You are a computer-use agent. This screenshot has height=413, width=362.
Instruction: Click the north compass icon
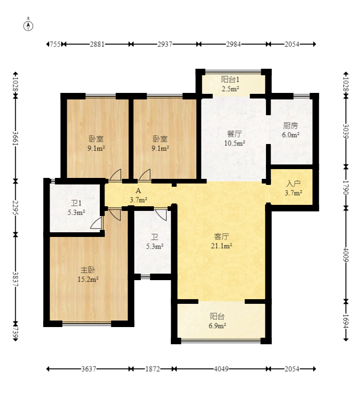point(28,26)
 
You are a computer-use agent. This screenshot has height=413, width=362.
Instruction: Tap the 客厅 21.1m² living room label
point(221,241)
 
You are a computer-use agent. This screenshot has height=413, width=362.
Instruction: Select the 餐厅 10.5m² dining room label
point(234,138)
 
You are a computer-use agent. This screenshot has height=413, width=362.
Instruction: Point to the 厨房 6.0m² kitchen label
point(291,130)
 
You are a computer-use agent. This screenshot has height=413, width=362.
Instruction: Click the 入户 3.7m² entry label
point(293,188)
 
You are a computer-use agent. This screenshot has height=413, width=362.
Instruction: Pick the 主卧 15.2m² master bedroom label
point(88,275)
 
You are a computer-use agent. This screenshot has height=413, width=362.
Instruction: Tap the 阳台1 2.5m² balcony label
point(230,84)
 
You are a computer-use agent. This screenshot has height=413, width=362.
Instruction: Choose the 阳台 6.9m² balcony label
point(217,321)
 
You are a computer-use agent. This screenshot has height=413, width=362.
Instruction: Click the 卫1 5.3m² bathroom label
point(76,208)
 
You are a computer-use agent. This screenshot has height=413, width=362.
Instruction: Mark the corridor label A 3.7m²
point(138,195)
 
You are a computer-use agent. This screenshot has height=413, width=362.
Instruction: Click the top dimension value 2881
point(97,44)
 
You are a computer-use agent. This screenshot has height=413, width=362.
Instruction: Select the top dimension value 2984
point(233,44)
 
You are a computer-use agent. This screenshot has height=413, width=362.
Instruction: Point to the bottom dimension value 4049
point(221,369)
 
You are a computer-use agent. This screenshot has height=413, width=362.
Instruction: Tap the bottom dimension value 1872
point(153,369)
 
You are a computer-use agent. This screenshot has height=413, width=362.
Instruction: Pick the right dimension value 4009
point(346,255)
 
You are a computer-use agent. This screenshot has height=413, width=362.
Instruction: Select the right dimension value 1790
point(346,188)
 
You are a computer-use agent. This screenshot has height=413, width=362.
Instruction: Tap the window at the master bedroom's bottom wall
point(86,324)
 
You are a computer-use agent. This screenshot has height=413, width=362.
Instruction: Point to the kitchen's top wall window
point(302,97)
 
